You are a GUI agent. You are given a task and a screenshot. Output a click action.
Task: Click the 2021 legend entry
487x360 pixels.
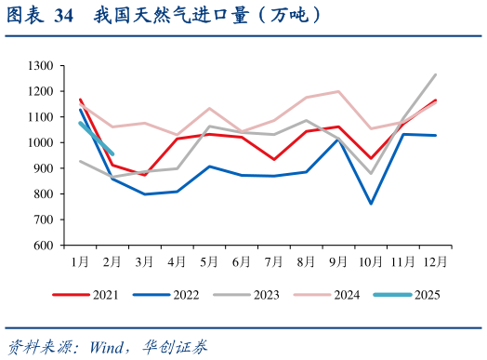point(93,295)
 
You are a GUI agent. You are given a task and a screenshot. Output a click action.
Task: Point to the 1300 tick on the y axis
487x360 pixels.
point(41,66)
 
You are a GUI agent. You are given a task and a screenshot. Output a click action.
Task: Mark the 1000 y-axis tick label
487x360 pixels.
point(41,143)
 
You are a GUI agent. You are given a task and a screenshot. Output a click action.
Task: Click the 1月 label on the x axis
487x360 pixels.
point(81,261)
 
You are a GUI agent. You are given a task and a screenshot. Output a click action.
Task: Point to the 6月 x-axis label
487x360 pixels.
point(242,261)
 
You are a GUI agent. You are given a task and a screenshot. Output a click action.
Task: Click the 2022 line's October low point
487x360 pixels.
point(371,204)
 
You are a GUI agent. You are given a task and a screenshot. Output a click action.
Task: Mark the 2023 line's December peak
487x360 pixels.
point(435,74)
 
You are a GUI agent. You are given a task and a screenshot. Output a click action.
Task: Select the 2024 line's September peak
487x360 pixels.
point(338,91)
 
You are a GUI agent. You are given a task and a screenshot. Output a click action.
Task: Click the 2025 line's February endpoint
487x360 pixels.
point(112,154)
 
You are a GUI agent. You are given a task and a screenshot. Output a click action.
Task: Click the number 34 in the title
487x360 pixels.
point(64,16)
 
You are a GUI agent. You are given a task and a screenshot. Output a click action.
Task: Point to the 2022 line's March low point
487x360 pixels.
point(145,194)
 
